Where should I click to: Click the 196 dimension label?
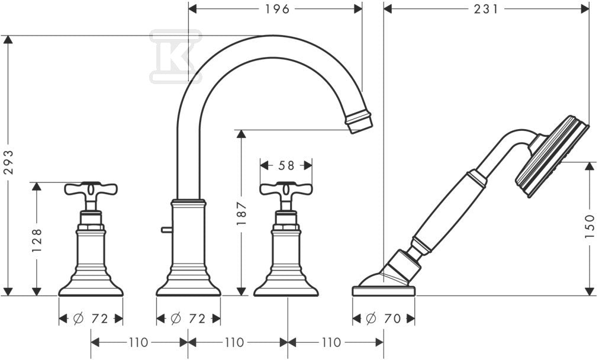[278, 9]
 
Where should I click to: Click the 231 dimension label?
[486, 9]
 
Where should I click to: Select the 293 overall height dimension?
[8, 162]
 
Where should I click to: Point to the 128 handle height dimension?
[37, 240]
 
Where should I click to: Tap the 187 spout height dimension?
[241, 214]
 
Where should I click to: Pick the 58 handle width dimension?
[286, 165]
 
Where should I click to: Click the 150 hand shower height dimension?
[590, 226]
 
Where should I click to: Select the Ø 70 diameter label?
[383, 318]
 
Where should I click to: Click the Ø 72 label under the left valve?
[91, 318]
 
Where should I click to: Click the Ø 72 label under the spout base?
[188, 318]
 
